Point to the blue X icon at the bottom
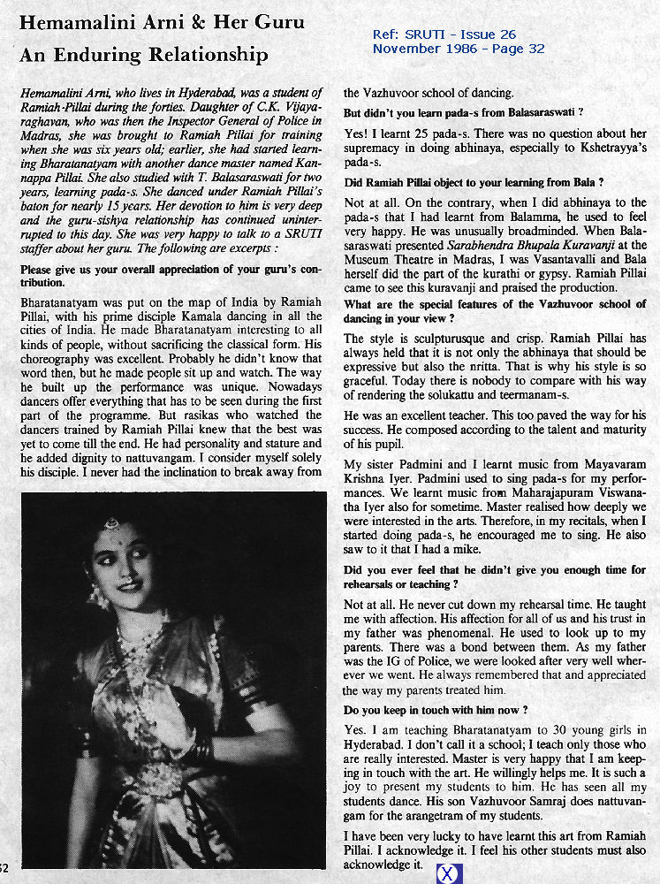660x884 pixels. click(449, 873)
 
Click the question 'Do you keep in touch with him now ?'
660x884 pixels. click(436, 710)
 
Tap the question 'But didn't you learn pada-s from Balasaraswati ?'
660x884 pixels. click(462, 113)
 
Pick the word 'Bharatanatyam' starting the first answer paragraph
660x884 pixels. click(61, 302)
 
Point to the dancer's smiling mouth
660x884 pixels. click(129, 584)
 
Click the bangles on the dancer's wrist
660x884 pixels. click(202, 750)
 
